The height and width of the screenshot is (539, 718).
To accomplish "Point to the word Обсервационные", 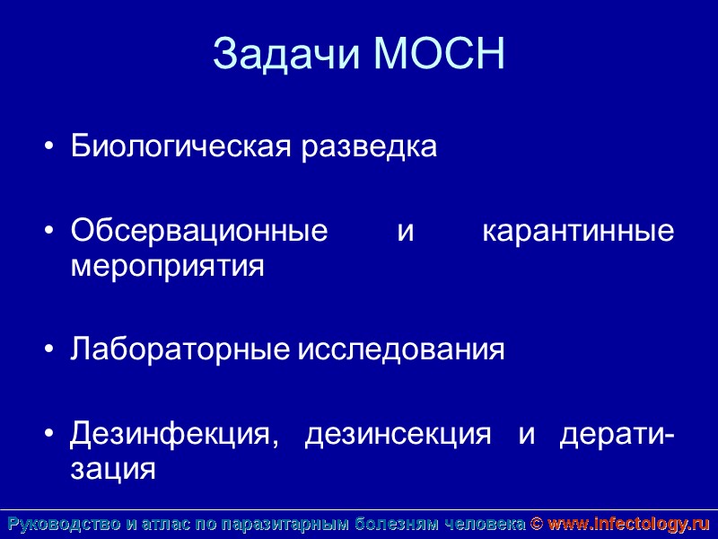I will pos(199,233).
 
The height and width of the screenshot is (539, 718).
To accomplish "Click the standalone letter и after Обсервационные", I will pos(405,233).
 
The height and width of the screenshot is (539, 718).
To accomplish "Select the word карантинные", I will pos(578,233).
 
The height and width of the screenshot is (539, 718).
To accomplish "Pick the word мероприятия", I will pos(168,267).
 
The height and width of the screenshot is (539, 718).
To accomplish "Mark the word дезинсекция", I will pos(398,435).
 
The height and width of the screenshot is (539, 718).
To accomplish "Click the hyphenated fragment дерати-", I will pos(617,435).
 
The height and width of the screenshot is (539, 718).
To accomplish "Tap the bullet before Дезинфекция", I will pos(49,436).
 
